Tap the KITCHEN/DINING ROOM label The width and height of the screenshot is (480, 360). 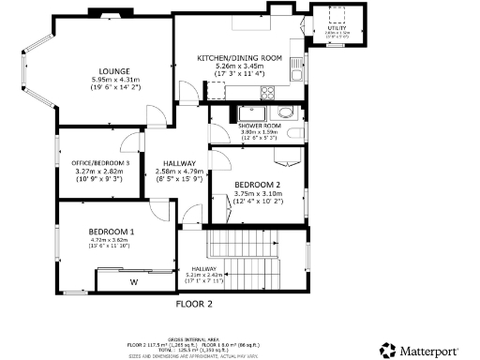(239, 58)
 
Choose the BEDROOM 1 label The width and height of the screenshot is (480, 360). (112, 232)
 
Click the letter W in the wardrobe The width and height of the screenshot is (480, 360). (133, 280)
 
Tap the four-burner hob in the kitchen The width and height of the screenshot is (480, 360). (267, 93)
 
